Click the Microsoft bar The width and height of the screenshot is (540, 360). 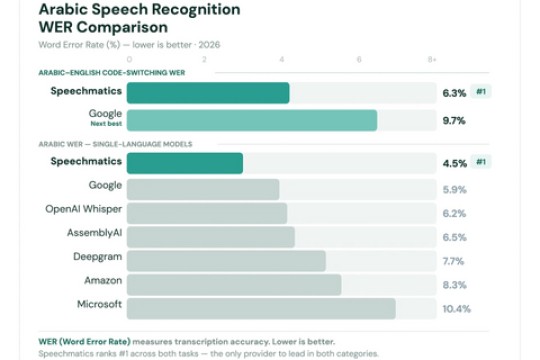pos(261,308)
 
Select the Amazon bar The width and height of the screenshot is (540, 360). pos(234,285)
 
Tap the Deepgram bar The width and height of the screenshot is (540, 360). pos(226,261)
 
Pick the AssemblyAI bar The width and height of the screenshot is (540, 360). pos(211,237)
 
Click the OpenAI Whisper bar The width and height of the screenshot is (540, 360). pos(207,213)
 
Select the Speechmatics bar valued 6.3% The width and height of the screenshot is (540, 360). pos(208,93)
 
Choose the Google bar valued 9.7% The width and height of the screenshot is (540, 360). pos(252,121)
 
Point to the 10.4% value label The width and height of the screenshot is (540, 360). pos(456,309)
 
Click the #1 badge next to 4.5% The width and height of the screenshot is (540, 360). pos(481,162)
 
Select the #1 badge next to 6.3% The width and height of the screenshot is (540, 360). pos(481,92)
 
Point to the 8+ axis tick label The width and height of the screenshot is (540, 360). pos(432,60)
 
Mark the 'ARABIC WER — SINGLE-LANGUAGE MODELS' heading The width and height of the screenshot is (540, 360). pos(100,144)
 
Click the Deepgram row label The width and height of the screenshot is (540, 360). pos(98,257)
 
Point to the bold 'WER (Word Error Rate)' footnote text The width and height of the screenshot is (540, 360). pos(85,341)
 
